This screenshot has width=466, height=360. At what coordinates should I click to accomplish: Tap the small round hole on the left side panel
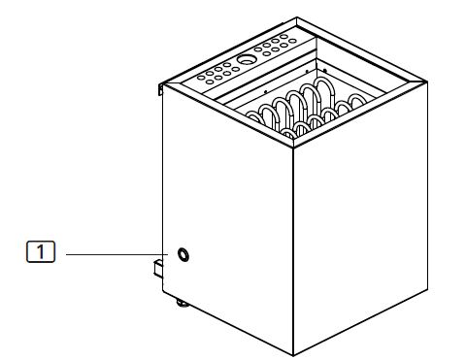(x=183, y=255)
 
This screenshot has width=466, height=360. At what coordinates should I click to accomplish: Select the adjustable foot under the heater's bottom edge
(x=182, y=303)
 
